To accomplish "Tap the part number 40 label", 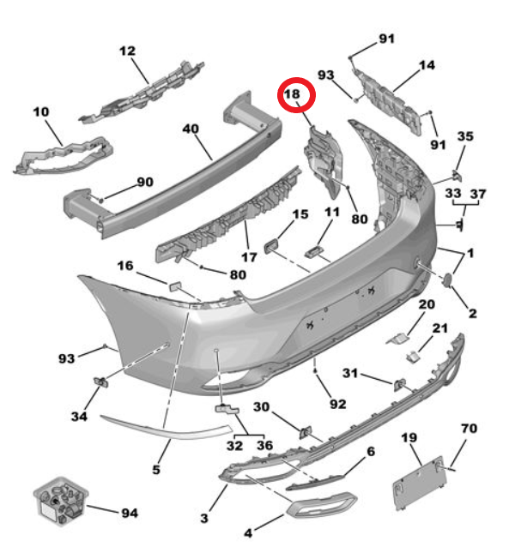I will [x=191, y=129].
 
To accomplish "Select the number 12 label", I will [x=128, y=51].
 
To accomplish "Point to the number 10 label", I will [x=41, y=111].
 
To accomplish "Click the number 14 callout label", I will [x=427, y=65].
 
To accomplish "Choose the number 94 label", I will [x=129, y=514].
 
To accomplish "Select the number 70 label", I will [x=469, y=428].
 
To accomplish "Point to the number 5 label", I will [x=156, y=469].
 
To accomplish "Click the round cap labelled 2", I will [x=449, y=279].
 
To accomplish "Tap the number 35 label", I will [x=464, y=137].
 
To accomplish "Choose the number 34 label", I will [x=79, y=418].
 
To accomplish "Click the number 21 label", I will [x=439, y=328].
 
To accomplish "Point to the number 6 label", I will [x=371, y=451].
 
